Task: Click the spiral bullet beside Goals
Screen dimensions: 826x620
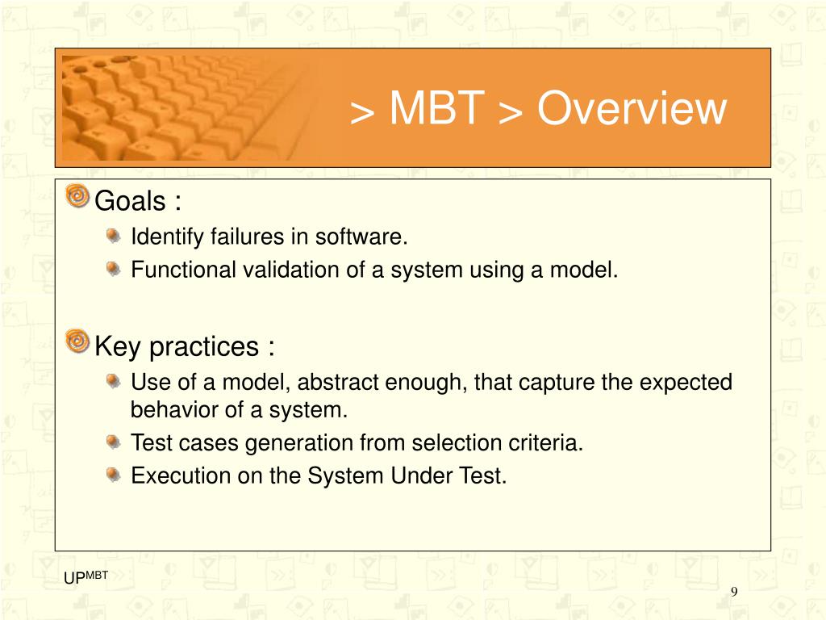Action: (77, 196)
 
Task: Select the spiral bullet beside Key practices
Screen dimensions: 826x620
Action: (77, 341)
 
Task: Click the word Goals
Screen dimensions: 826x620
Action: (130, 201)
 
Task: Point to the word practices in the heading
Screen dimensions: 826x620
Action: (204, 347)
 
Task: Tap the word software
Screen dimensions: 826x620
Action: (361, 237)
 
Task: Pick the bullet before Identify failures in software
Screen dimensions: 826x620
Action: (113, 235)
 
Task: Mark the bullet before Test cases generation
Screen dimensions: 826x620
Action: (113, 442)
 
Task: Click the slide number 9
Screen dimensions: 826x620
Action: (734, 592)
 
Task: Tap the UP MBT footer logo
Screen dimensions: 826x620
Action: (86, 577)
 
